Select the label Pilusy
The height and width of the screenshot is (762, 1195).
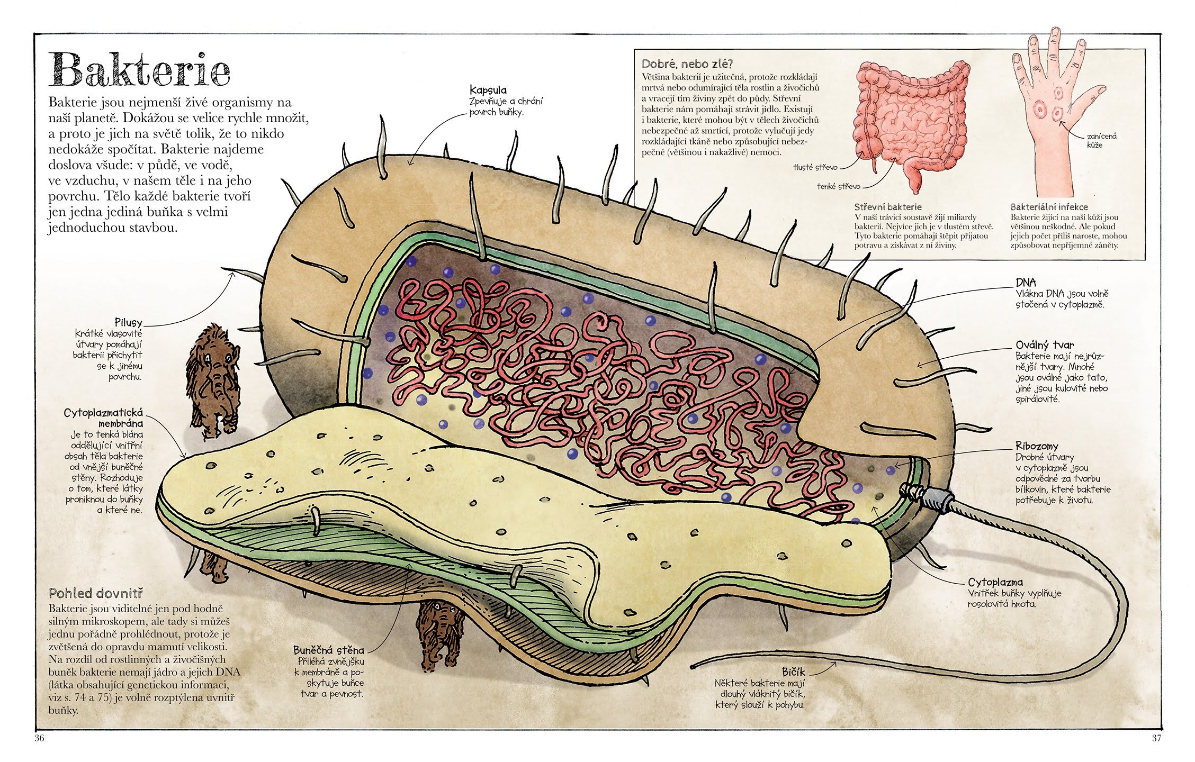[x=128, y=322]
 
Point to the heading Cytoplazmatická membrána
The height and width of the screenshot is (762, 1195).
[x=103, y=418]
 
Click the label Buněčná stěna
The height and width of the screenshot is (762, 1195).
[x=328, y=651]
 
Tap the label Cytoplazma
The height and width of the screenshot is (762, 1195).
[x=995, y=583]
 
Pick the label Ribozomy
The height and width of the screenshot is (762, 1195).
[x=1036, y=446]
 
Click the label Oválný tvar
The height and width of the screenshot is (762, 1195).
[x=1040, y=344]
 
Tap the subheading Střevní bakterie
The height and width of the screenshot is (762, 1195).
[x=887, y=207]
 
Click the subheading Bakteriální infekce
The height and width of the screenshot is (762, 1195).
[x=1049, y=207]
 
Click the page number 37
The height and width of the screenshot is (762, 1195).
[x=1156, y=739]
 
